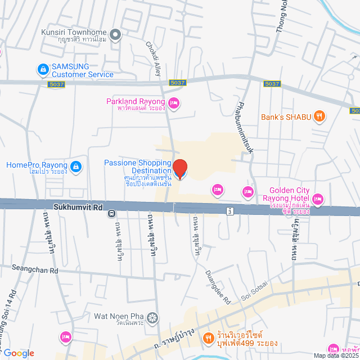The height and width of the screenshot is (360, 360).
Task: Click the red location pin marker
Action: pos(179,168)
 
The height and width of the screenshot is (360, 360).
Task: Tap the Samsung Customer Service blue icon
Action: pos(43,70)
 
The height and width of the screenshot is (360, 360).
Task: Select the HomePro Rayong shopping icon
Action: pos(76,166)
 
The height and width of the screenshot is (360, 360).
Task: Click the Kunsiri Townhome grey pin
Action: pos(116,35)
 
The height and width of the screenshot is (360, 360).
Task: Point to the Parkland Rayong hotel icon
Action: pos(174,102)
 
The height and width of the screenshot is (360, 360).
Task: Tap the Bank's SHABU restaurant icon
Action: pos(319,117)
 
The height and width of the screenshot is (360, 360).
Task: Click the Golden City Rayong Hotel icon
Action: pos(318,199)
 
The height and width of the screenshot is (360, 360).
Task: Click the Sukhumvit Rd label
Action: pos(78,206)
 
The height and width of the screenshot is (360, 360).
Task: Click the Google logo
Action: pos(18,353)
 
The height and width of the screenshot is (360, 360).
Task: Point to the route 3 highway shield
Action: pos(229,211)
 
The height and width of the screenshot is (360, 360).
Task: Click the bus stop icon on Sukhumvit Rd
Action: pos(112,213)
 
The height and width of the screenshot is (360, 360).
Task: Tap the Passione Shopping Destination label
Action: pos(137,166)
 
